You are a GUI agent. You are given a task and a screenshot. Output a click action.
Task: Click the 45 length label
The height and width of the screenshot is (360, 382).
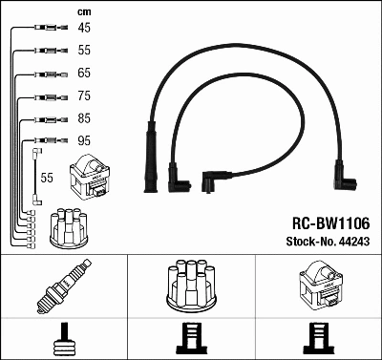[85, 28]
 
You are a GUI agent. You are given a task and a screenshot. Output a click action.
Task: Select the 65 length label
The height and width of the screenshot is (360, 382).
[85, 73]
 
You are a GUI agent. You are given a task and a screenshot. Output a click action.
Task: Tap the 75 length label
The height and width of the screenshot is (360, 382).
[85, 95]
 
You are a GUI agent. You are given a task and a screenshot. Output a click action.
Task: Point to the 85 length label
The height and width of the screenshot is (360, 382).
[85, 118]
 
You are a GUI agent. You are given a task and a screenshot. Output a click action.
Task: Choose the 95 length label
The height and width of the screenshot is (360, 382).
[85, 141]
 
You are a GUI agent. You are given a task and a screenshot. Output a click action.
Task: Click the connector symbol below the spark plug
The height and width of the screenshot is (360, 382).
[65, 338]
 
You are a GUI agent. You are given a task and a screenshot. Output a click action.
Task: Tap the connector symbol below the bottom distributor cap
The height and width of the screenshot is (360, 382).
[191, 338]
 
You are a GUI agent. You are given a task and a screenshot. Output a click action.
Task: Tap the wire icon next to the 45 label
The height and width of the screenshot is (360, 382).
[45, 28]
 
